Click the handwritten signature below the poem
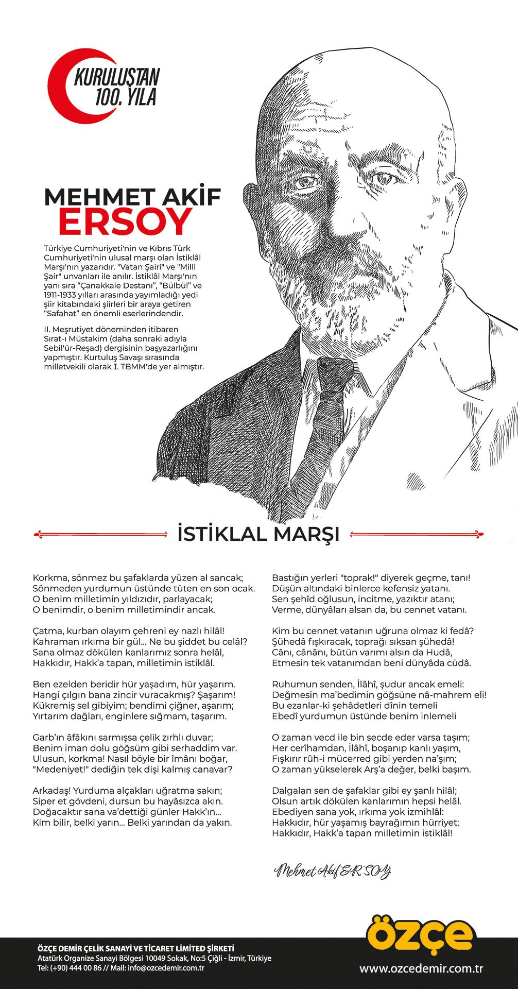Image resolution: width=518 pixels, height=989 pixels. pos(333,871)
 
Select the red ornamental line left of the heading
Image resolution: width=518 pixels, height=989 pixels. pos(98,533)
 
